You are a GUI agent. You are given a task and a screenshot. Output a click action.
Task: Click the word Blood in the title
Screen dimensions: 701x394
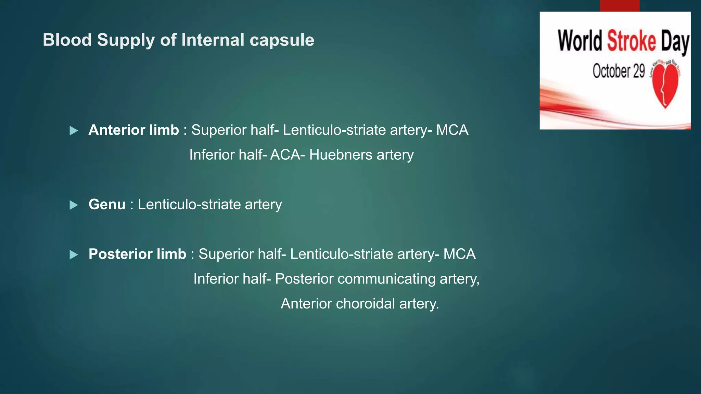click(67, 40)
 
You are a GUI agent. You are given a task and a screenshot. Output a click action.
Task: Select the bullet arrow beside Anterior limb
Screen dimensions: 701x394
click(74, 131)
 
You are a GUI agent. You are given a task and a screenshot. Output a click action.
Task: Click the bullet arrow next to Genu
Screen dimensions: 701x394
click(74, 205)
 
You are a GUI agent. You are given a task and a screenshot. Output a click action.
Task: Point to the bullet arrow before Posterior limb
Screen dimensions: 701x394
click(74, 255)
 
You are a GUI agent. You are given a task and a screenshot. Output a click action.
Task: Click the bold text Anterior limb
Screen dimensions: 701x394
click(133, 130)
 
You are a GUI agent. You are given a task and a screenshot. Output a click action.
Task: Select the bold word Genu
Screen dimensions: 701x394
click(107, 205)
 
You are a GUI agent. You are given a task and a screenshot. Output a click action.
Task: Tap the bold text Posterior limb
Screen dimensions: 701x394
click(137, 254)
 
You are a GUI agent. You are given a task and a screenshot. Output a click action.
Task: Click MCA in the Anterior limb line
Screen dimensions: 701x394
click(452, 130)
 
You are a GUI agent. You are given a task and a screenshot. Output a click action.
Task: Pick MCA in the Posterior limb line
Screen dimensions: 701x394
click(459, 254)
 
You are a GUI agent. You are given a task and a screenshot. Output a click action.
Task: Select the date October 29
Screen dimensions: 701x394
click(619, 71)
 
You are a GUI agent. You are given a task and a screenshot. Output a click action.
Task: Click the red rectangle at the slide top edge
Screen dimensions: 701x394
click(620, 5)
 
